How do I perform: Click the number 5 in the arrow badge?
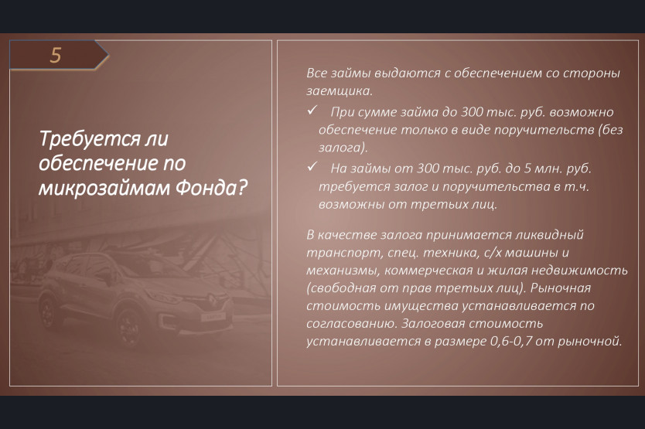pos(56,55)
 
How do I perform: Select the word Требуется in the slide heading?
pos(88,139)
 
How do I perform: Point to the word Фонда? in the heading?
pos(211,188)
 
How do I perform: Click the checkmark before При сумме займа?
pos(312,111)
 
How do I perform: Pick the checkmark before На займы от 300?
pos(312,167)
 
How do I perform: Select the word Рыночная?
pos(560,288)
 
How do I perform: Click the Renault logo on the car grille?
pos(212,299)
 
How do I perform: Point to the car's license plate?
pos(213,317)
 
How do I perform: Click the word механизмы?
pos(343,271)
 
